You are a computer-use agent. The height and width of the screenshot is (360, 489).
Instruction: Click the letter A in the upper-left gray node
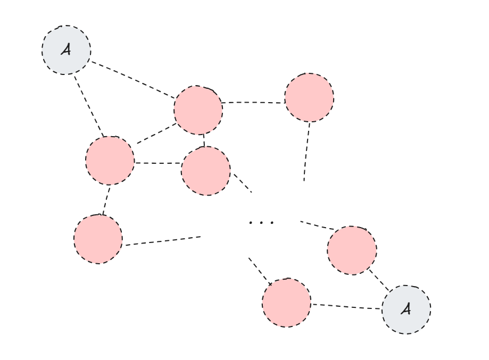66,50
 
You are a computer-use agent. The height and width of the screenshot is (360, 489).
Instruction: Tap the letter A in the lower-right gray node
406,309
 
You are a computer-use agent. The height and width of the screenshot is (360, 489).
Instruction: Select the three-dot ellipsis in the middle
261,222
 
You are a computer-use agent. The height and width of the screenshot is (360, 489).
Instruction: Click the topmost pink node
309,97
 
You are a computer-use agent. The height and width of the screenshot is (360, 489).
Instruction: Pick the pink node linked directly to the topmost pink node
198,110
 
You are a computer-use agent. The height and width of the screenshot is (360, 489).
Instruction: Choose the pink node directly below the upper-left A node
110,160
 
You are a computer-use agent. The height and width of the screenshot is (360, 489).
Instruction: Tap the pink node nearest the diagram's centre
206,171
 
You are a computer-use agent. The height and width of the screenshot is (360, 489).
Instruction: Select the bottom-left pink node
98,239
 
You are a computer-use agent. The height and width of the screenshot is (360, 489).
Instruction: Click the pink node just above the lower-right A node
352,250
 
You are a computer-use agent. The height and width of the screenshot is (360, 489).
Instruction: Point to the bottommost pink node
286,302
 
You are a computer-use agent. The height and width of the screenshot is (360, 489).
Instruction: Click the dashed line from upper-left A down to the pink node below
88,105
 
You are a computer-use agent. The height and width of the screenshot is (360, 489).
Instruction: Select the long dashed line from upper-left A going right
133,79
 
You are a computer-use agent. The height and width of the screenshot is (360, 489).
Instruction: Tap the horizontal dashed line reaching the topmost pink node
253,102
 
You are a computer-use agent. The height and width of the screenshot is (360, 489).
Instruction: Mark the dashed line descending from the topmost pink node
306,152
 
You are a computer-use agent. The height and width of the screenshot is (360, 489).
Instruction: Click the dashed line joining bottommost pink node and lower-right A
346,306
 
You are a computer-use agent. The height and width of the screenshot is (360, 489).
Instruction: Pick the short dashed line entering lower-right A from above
380,280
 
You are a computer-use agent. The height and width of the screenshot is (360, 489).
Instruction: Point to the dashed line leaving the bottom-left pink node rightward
162,241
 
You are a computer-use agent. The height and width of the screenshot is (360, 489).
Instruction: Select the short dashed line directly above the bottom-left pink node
106,200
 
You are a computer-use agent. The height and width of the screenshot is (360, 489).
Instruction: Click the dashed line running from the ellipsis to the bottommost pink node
259,271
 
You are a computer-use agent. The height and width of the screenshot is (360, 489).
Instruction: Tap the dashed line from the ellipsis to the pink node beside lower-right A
317,225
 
